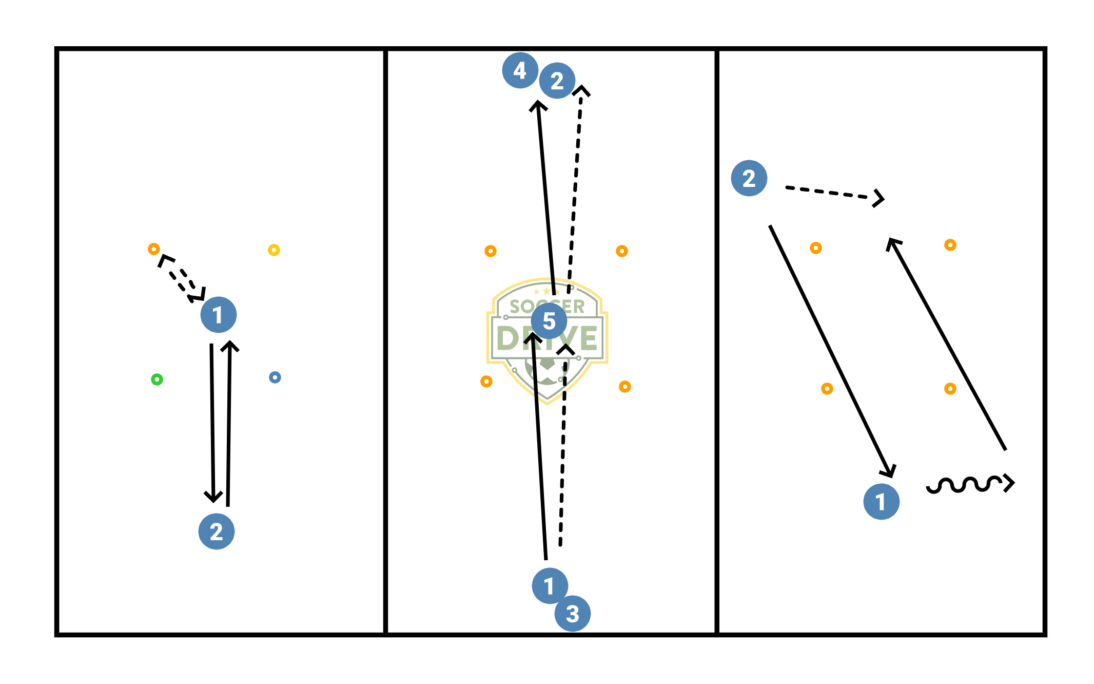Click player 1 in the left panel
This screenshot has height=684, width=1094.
[219, 315]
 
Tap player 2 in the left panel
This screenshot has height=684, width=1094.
[217, 531]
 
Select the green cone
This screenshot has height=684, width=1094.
[157, 379]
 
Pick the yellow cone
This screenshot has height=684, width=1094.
[274, 250]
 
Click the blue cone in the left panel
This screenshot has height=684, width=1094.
[275, 377]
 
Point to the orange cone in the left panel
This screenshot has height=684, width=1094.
[154, 249]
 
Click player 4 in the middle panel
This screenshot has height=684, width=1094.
[520, 70]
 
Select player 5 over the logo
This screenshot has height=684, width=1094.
[549, 321]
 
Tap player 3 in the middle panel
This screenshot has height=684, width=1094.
[573, 614]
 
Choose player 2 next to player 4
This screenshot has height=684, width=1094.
[557, 81]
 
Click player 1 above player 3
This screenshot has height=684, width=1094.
[550, 586]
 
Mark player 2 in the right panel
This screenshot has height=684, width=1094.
[749, 178]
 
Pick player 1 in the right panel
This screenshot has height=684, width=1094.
[882, 502]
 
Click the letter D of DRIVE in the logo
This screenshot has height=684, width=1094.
[510, 338]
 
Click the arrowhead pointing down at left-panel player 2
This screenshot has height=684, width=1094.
[213, 496]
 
